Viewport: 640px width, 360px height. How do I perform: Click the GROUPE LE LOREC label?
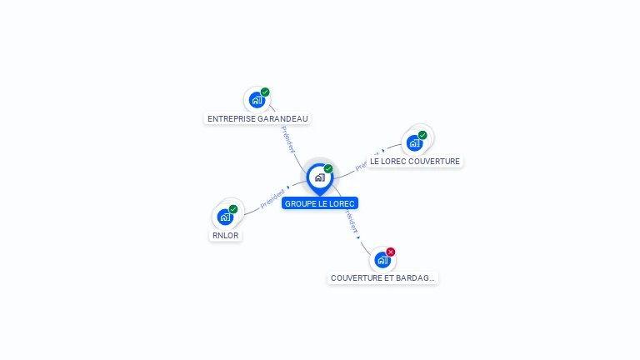(320, 203)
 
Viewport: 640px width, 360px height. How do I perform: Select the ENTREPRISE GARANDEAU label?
(257, 119)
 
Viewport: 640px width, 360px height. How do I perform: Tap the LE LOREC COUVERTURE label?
(415, 162)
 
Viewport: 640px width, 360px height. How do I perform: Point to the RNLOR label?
(225, 236)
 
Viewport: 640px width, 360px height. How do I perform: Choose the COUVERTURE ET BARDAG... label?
(382, 278)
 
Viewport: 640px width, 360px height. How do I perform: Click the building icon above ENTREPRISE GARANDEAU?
(257, 100)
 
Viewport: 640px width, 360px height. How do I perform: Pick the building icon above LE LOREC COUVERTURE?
(414, 142)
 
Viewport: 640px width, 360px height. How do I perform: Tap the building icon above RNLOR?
(225, 217)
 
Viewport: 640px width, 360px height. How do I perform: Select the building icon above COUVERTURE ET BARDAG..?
(382, 259)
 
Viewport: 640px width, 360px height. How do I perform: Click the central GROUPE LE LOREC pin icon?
(319, 177)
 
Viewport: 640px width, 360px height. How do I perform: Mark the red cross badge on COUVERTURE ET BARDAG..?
(391, 252)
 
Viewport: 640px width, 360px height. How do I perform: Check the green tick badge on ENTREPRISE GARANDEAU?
(265, 92)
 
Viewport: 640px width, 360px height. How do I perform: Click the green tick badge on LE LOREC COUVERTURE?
(422, 135)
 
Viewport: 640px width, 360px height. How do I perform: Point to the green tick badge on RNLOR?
(233, 209)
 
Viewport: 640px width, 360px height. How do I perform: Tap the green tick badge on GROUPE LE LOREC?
(328, 169)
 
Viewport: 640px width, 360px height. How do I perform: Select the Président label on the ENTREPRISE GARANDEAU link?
(287, 139)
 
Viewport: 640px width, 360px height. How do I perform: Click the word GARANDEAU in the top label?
(282, 119)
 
